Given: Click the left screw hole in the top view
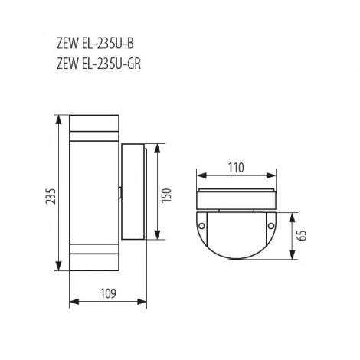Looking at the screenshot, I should (201, 226).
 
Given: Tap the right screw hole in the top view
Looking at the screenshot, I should (272, 226).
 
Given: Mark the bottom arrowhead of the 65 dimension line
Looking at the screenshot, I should (293, 260).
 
